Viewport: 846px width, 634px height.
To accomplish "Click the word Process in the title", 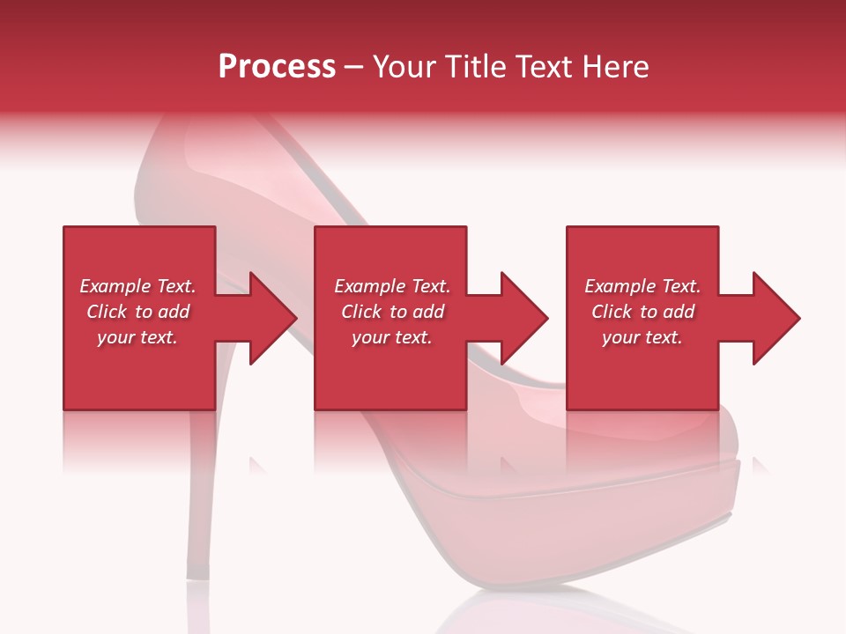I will (x=277, y=67).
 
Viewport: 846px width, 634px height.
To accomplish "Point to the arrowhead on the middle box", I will (x=522, y=318).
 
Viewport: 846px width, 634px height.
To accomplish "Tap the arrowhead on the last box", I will (x=774, y=318).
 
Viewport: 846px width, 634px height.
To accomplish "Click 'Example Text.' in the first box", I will (x=137, y=286).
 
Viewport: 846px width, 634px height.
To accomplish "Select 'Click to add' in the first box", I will (x=137, y=312).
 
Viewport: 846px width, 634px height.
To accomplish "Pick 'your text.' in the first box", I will (x=137, y=337).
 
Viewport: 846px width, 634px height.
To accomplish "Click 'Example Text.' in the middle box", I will (x=392, y=286).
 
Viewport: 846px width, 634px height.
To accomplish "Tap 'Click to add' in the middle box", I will (x=392, y=312).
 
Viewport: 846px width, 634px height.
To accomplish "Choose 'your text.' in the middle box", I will (x=392, y=337).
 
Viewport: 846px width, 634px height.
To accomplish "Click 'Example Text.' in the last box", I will (x=642, y=286).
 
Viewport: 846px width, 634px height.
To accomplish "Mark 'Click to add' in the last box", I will (x=642, y=312).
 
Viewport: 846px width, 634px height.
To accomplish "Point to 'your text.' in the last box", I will (x=642, y=337).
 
